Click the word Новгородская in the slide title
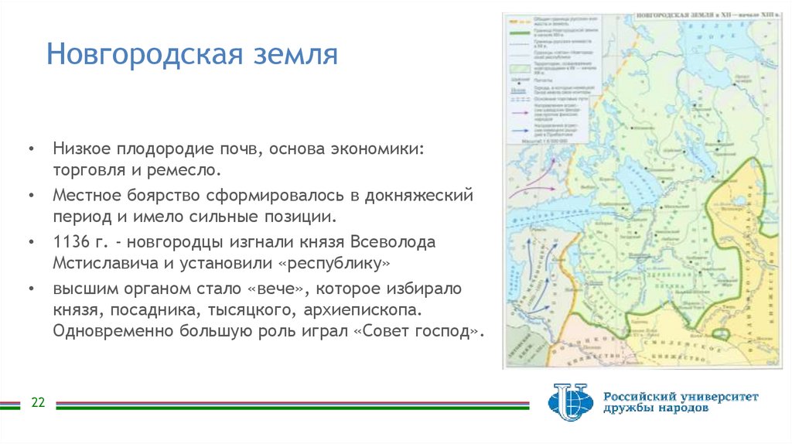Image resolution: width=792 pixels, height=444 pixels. (140, 55)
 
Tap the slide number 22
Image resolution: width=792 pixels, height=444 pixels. (37, 403)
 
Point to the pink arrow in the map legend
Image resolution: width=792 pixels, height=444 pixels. (520, 112)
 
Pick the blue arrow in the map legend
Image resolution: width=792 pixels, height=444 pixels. (520, 131)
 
